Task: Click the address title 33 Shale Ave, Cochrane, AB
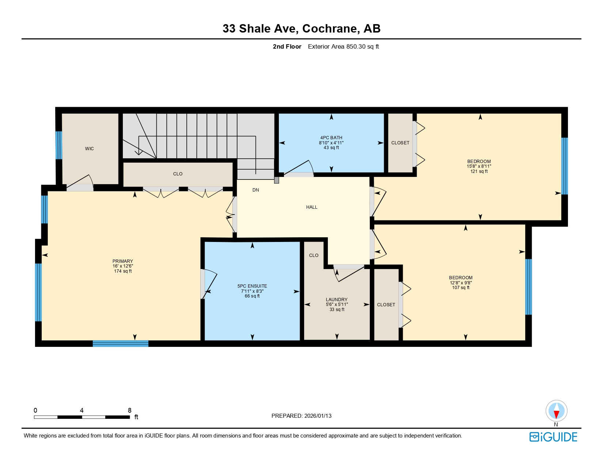click(x=301, y=29)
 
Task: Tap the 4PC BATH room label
click(x=331, y=138)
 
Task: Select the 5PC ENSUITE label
click(x=252, y=286)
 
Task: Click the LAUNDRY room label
click(x=337, y=300)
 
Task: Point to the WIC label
click(x=90, y=149)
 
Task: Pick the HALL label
click(x=312, y=207)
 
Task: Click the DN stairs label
click(x=256, y=190)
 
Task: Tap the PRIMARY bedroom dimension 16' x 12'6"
click(x=123, y=266)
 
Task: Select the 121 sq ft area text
click(x=479, y=171)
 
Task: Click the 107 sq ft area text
click(x=460, y=288)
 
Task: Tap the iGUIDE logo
click(x=553, y=437)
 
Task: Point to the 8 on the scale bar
click(x=129, y=410)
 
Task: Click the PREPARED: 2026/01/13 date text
click(x=301, y=416)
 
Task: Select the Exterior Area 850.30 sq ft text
click(x=343, y=46)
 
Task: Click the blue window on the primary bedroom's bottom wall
click(x=121, y=343)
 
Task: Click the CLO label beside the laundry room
click(x=314, y=255)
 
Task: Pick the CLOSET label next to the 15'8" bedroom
click(x=400, y=143)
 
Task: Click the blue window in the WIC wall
click(x=58, y=145)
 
